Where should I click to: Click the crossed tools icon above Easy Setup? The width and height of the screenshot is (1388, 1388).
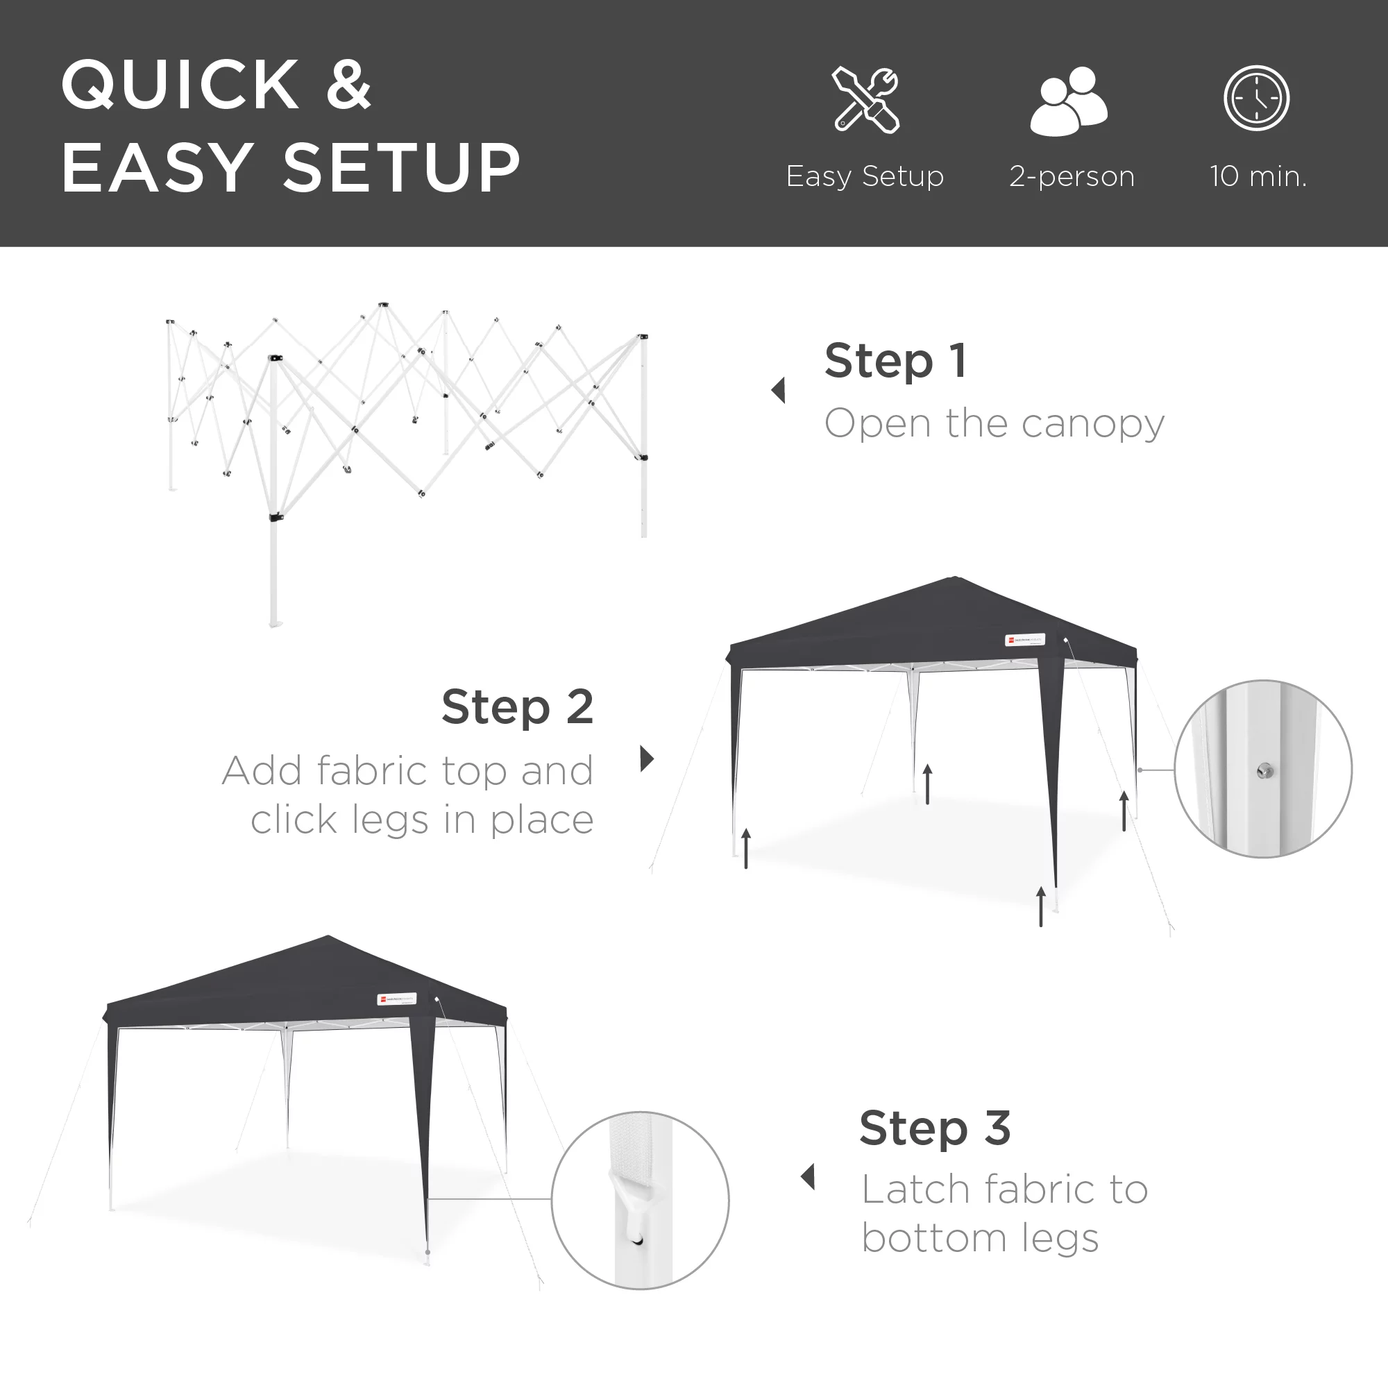click(x=865, y=100)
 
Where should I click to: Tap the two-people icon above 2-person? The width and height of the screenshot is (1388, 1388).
click(x=1069, y=101)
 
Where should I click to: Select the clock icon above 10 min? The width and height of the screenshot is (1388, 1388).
click(x=1257, y=99)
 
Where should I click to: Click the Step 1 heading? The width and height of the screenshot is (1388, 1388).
click(x=895, y=361)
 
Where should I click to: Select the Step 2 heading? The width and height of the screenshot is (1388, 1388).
click(x=517, y=707)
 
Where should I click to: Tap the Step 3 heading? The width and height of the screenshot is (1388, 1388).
click(x=935, y=1128)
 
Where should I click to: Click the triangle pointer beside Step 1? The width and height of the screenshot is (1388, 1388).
click(x=778, y=391)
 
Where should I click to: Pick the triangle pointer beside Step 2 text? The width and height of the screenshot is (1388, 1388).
click(x=647, y=759)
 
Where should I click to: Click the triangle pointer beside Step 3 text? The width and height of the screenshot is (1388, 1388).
click(x=809, y=1177)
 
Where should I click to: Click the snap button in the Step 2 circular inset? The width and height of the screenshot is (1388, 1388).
click(x=1265, y=772)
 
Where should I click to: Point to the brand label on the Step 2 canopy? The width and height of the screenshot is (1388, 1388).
click(x=1024, y=639)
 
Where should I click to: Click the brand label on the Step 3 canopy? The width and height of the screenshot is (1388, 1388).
click(x=396, y=999)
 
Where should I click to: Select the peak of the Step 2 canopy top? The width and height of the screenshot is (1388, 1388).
click(x=954, y=578)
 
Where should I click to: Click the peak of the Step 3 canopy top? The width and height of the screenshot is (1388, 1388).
click(x=328, y=937)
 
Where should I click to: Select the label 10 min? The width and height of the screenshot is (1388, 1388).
click(x=1258, y=177)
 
